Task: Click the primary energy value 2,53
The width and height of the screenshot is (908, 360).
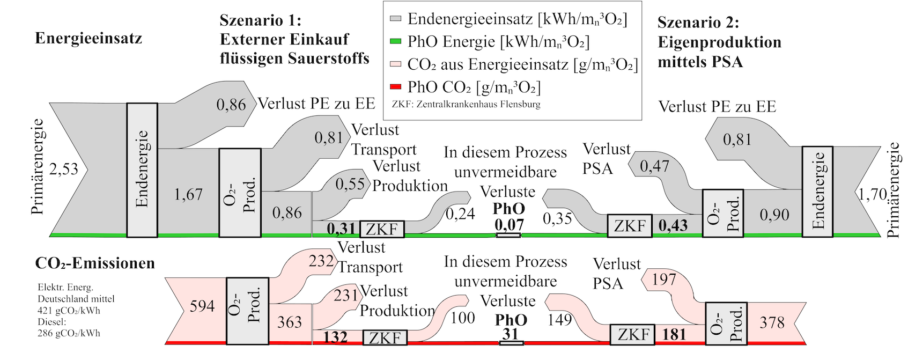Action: [x=63, y=170]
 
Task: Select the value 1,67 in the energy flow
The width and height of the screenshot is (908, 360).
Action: [x=188, y=194]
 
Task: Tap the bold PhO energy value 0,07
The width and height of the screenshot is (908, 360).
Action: [x=509, y=225]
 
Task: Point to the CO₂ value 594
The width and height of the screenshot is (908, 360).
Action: [x=202, y=306]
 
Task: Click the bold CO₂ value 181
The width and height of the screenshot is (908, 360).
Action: [x=674, y=334]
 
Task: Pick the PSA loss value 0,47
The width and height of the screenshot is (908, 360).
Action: [x=654, y=166]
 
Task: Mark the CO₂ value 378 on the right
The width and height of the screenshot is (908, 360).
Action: [x=772, y=322]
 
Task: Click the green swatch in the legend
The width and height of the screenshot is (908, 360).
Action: [x=396, y=41]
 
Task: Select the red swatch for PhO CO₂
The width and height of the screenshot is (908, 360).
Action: [x=396, y=87]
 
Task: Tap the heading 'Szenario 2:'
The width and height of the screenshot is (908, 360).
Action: [x=698, y=23]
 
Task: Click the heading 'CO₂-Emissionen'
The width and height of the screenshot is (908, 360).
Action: [x=95, y=263]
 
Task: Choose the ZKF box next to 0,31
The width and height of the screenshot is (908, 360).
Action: [x=382, y=229]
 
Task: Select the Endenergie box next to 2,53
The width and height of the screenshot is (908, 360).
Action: [x=142, y=170]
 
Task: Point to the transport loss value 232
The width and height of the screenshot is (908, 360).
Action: [x=321, y=261]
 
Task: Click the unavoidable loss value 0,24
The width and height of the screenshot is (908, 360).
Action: [x=460, y=214]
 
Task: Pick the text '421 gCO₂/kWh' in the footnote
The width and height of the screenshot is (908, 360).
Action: [x=69, y=311]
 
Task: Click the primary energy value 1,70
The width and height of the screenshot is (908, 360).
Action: [x=872, y=194]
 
